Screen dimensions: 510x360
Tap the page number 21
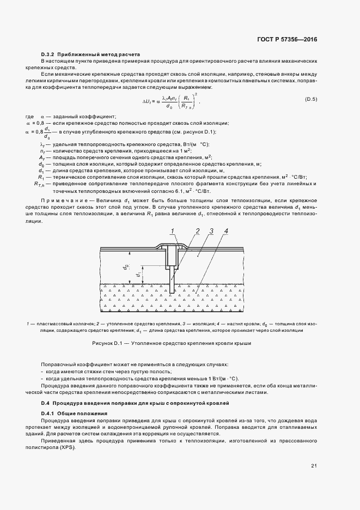[x=314, y=465]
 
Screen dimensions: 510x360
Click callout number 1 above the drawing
[x=172, y=231]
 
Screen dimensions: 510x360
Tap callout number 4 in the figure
[x=225, y=231]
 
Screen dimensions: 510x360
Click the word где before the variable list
[x=30, y=117]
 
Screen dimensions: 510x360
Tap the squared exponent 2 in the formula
[x=196, y=93]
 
